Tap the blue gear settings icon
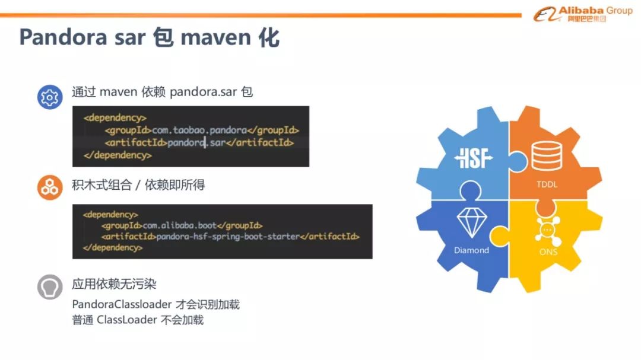click(x=50, y=97)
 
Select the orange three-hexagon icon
click(x=50, y=187)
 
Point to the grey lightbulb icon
click(x=50, y=287)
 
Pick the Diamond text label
click(x=472, y=250)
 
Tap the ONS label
click(x=548, y=252)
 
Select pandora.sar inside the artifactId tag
click(x=196, y=143)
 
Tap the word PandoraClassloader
click(x=122, y=304)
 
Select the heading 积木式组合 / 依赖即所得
click(x=138, y=186)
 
